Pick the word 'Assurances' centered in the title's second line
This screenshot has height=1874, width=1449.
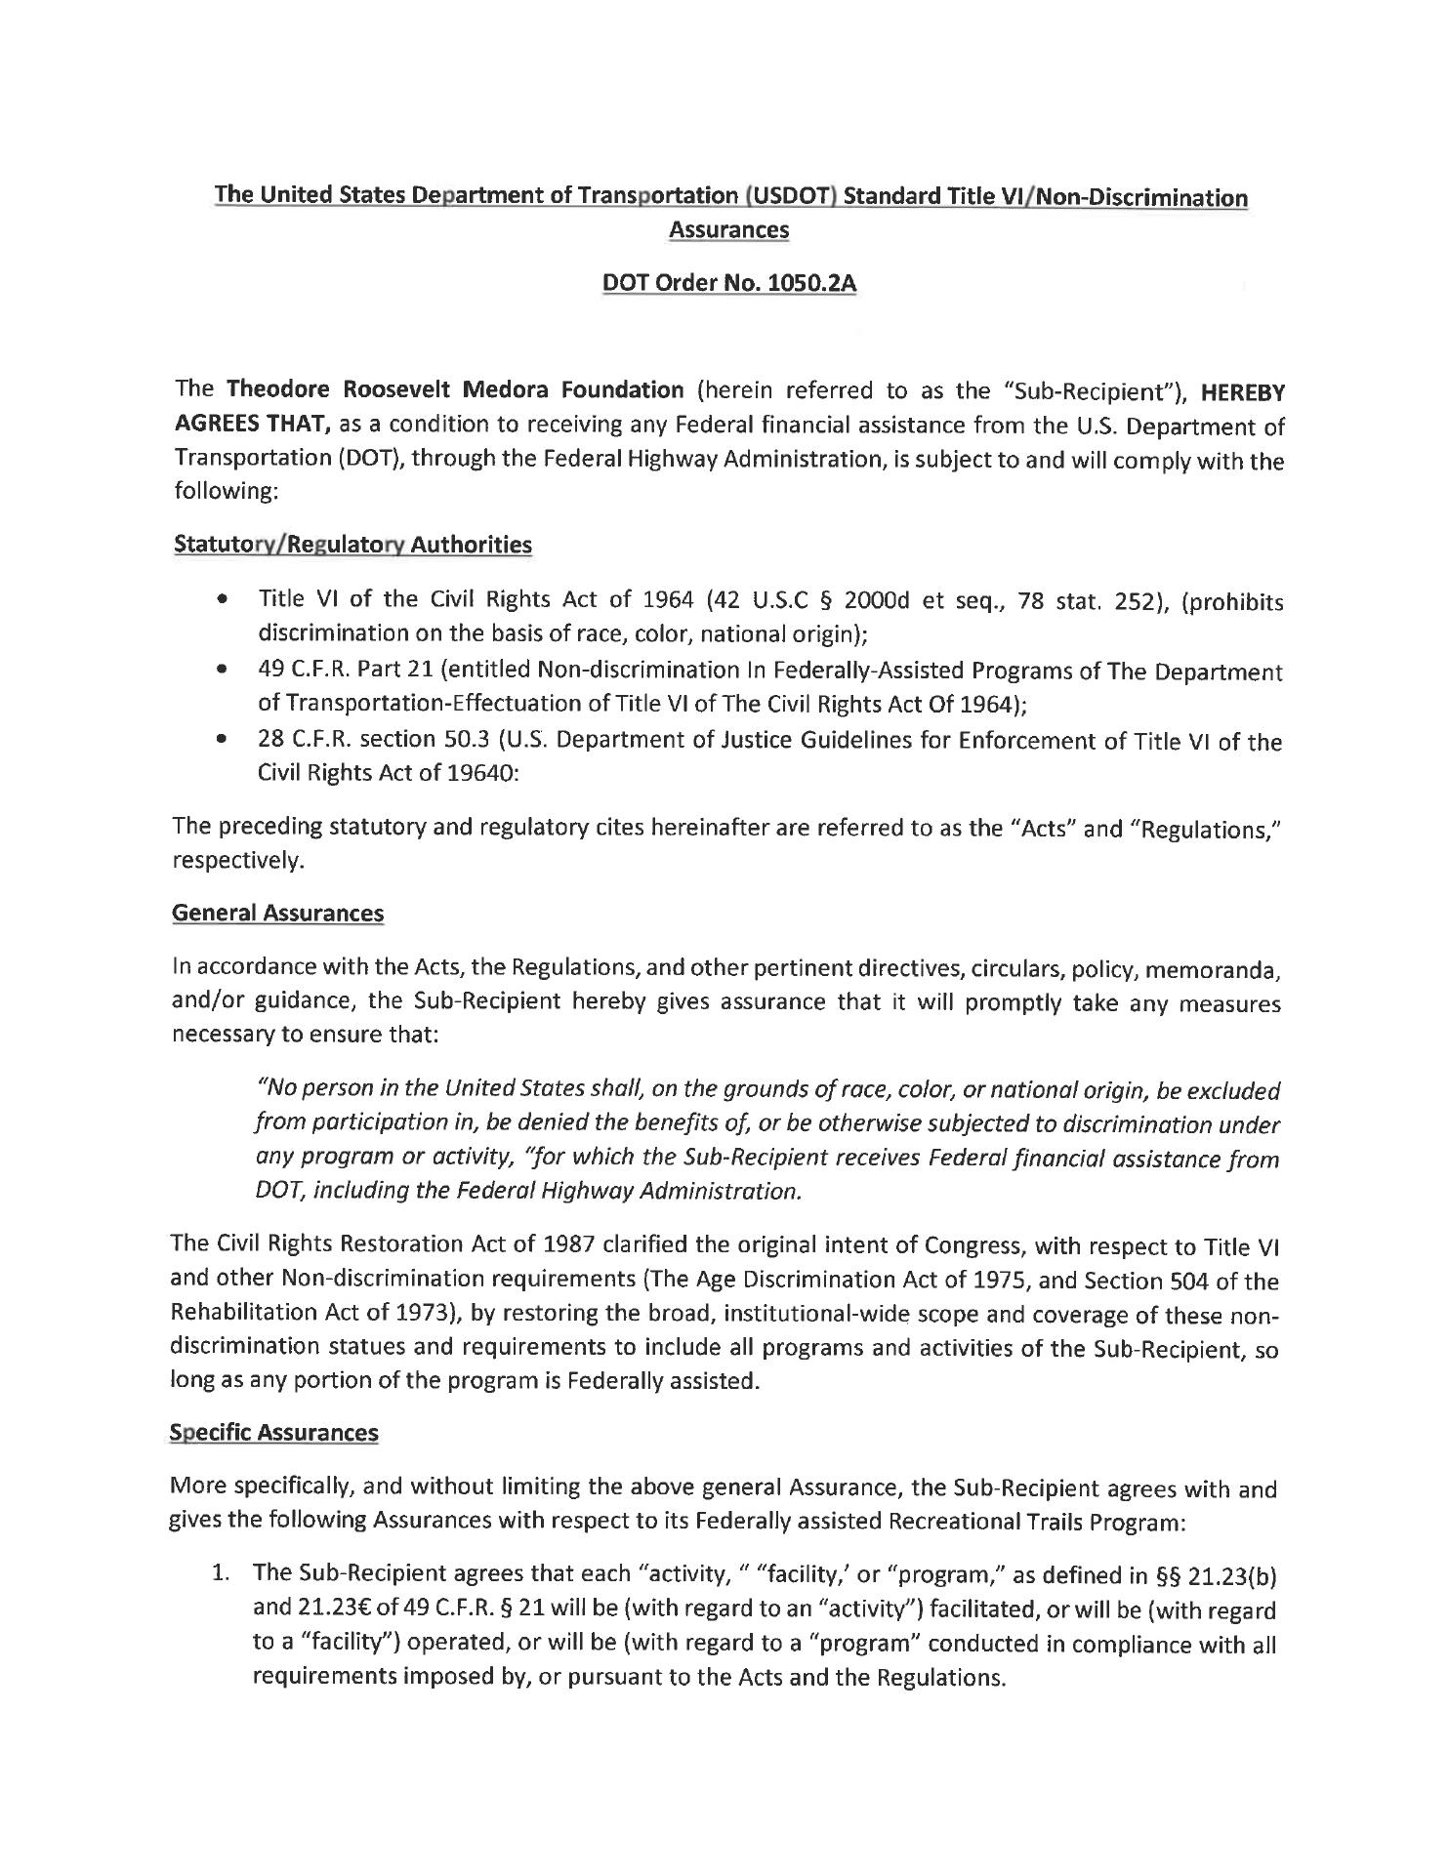pos(728,230)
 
